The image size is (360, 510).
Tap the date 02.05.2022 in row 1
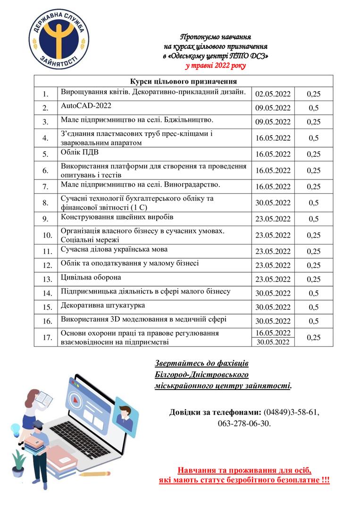click(x=273, y=94)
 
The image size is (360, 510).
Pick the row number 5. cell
click(x=46, y=154)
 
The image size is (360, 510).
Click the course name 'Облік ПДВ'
click(x=79, y=153)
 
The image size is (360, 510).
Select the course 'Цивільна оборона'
click(x=91, y=277)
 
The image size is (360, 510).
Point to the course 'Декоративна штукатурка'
click(x=103, y=306)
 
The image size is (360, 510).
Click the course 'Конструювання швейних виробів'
click(x=117, y=217)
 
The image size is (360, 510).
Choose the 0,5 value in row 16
click(x=313, y=322)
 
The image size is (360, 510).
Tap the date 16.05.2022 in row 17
click(x=273, y=333)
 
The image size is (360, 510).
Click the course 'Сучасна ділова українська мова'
click(x=114, y=249)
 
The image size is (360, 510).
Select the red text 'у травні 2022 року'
click(x=216, y=66)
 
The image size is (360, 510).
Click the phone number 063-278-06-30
click(x=244, y=424)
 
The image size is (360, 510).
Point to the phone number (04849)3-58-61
click(x=291, y=412)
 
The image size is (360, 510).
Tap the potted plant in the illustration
click(x=18, y=462)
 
